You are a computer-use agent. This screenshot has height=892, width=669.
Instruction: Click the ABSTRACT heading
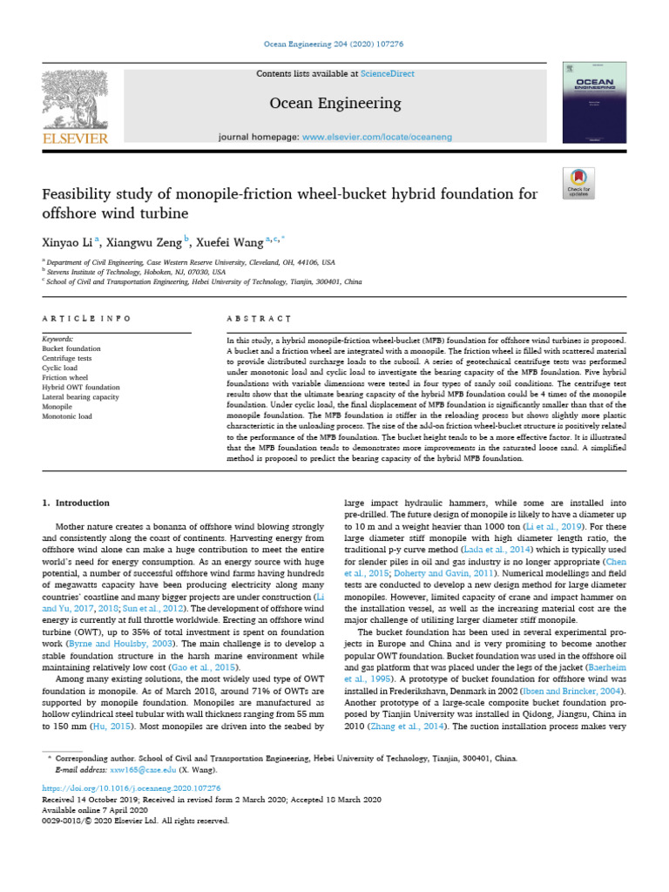click(x=259, y=319)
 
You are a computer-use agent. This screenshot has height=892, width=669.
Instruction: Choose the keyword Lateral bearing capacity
click(x=81, y=396)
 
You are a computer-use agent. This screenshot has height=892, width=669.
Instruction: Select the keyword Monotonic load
click(x=68, y=416)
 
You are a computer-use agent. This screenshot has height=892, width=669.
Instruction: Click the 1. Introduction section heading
click(x=77, y=503)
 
